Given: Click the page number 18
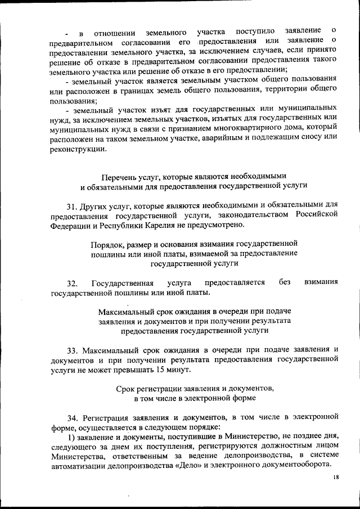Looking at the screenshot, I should coord(336,478).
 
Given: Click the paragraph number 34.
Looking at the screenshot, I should coord(73,418).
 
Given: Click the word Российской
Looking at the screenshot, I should coord(315,214).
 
